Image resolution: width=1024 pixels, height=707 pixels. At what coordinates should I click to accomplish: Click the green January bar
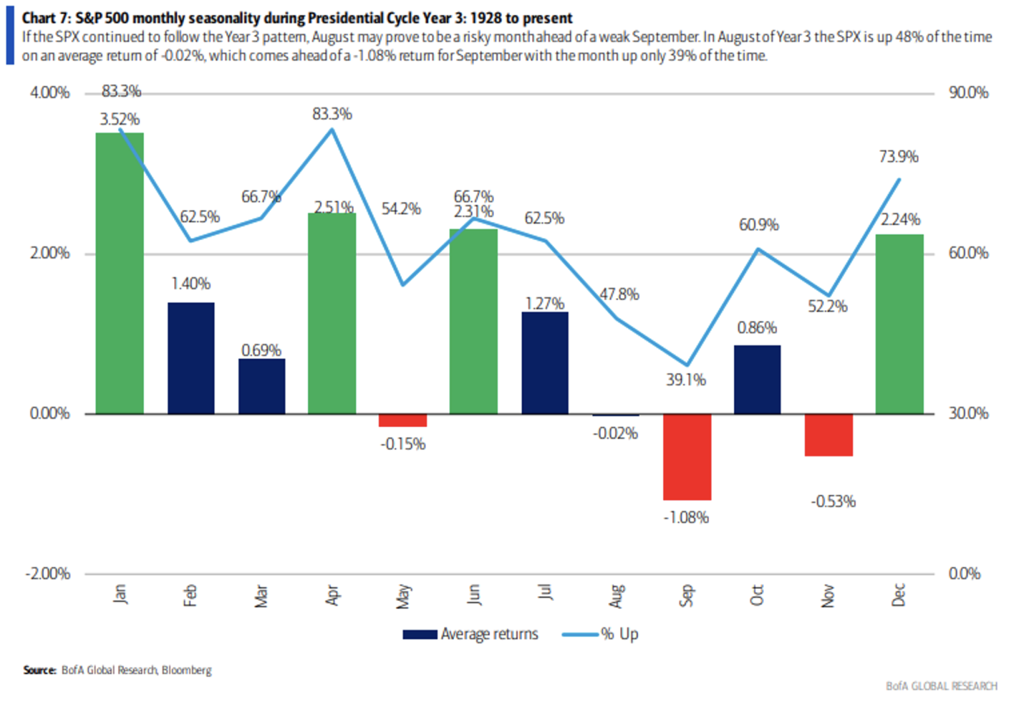point(119,273)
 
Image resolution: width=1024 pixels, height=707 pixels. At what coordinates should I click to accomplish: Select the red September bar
point(687,457)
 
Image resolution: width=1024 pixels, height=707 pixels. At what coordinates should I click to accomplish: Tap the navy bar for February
point(191,358)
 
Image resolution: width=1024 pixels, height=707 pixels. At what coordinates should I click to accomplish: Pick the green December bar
point(899,324)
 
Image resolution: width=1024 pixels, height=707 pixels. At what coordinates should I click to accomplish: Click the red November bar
point(828,435)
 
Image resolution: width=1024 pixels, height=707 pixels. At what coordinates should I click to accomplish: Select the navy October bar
point(757,380)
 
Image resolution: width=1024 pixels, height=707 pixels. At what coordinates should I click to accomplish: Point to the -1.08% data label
point(686,518)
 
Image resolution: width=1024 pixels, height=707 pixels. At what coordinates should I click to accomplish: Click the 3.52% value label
point(120,119)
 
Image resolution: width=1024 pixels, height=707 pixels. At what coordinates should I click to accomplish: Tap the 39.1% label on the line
point(685,380)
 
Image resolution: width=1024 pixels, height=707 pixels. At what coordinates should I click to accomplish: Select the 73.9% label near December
point(898,157)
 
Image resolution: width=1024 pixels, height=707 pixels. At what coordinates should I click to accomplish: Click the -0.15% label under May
point(403,444)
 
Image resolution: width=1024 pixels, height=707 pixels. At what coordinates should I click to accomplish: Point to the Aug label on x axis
point(616,596)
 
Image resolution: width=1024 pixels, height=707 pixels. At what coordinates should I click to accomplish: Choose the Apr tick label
point(332,595)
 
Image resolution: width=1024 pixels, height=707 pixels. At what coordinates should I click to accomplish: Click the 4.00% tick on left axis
point(49,93)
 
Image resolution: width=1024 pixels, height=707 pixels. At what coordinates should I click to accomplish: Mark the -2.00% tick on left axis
point(48,574)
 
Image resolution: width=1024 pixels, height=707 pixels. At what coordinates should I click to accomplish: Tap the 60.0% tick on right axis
point(968,253)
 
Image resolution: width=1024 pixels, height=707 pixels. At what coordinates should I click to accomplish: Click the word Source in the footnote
point(39,670)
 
